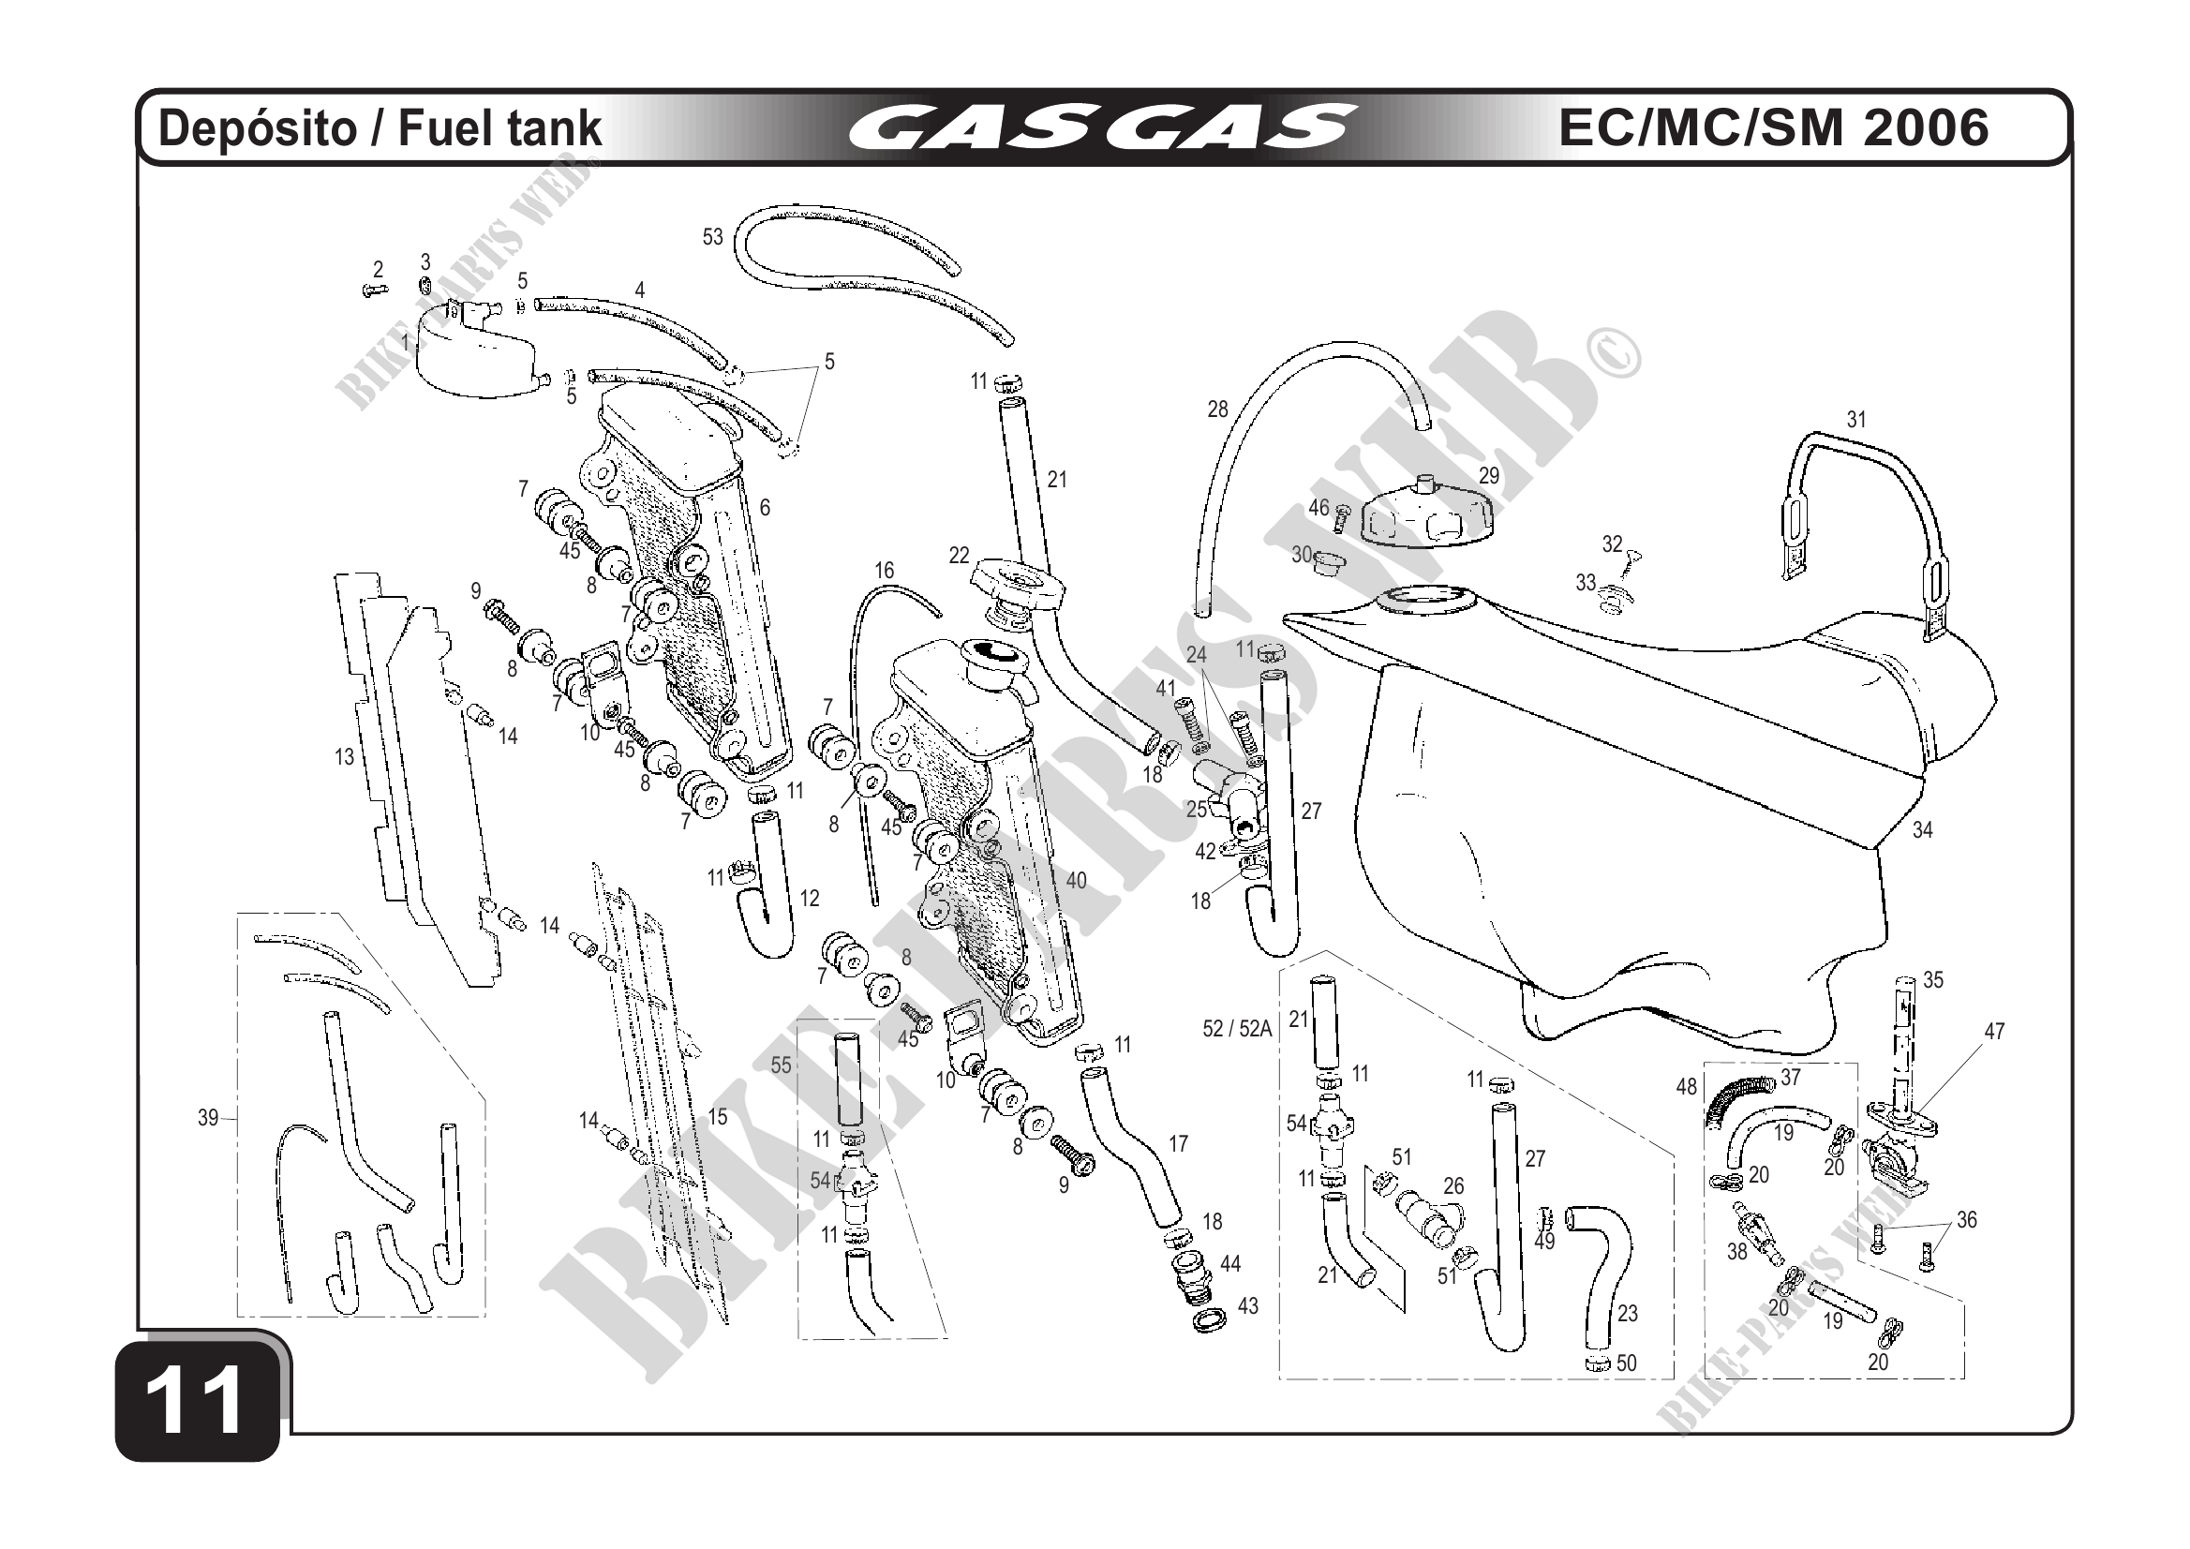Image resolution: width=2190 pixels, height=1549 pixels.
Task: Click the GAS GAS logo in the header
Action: click(1102, 128)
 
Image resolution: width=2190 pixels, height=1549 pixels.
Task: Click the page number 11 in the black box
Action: click(198, 1399)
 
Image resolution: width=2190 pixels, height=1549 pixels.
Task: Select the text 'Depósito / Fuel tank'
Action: click(380, 128)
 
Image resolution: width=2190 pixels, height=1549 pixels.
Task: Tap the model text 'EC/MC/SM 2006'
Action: click(1773, 127)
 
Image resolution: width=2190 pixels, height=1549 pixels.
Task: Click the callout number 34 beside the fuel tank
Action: click(1922, 830)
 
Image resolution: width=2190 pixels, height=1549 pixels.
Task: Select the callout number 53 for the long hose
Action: click(712, 236)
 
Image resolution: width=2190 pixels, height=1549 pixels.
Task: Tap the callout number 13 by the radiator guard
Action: click(344, 756)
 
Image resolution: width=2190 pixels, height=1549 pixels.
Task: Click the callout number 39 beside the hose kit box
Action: click(208, 1118)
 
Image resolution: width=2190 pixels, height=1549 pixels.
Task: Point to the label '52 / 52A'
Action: click(1237, 1028)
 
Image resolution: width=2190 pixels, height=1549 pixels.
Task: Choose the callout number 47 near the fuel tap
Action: click(1994, 1031)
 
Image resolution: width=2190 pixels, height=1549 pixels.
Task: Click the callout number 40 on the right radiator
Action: click(1076, 880)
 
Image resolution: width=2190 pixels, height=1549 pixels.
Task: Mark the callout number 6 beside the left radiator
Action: click(765, 508)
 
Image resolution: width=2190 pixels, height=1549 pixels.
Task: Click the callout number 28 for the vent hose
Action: click(1217, 410)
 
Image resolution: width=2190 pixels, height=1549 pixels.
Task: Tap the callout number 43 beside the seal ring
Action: click(1247, 1305)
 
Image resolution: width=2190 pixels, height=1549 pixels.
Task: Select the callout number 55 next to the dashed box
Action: click(782, 1065)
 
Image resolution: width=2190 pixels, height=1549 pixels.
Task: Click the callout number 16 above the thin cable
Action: click(885, 571)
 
